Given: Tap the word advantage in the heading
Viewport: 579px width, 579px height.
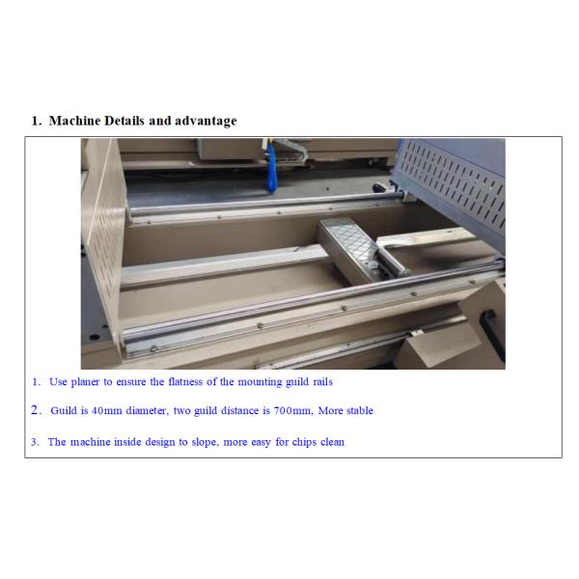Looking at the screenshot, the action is pyautogui.click(x=206, y=122).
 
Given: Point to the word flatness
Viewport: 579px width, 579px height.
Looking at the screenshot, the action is pyautogui.click(x=185, y=381).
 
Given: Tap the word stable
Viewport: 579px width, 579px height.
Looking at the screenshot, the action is pyautogui.click(x=360, y=411).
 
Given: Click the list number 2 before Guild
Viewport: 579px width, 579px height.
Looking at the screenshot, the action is pyautogui.click(x=36, y=410).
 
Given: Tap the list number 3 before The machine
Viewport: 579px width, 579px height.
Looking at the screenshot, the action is pyautogui.click(x=35, y=442).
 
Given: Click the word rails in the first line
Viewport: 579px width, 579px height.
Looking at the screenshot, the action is pyautogui.click(x=322, y=381).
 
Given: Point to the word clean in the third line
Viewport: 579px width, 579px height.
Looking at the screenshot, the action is pyautogui.click(x=332, y=442).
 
